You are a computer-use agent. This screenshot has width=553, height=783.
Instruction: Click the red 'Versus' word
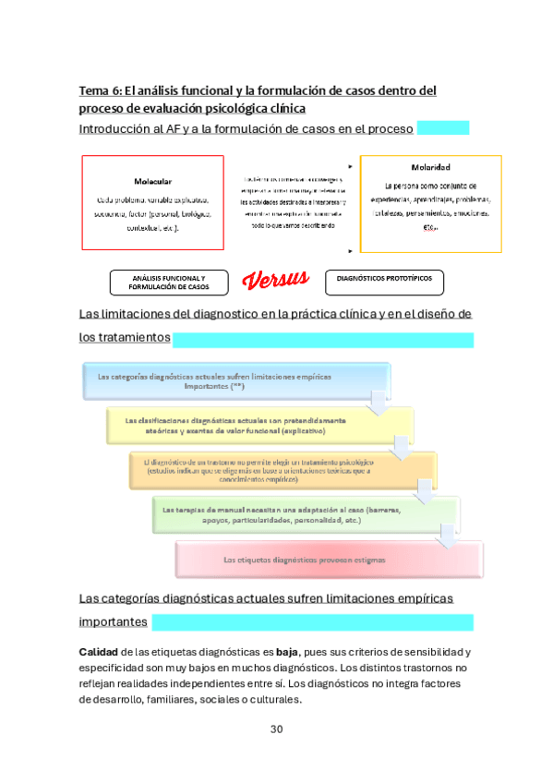pos(276,280)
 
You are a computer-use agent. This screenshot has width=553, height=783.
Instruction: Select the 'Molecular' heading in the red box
pos(152,181)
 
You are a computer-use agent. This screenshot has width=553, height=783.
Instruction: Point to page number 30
pos(276,729)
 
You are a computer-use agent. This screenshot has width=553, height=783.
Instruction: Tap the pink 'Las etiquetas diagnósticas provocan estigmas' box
pos(329,560)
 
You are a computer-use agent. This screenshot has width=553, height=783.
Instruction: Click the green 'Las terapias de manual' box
pos(305,515)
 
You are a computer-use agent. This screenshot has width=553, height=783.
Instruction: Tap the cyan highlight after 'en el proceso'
pos(443,127)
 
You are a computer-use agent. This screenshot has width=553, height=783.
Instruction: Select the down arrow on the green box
pos(447,533)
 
